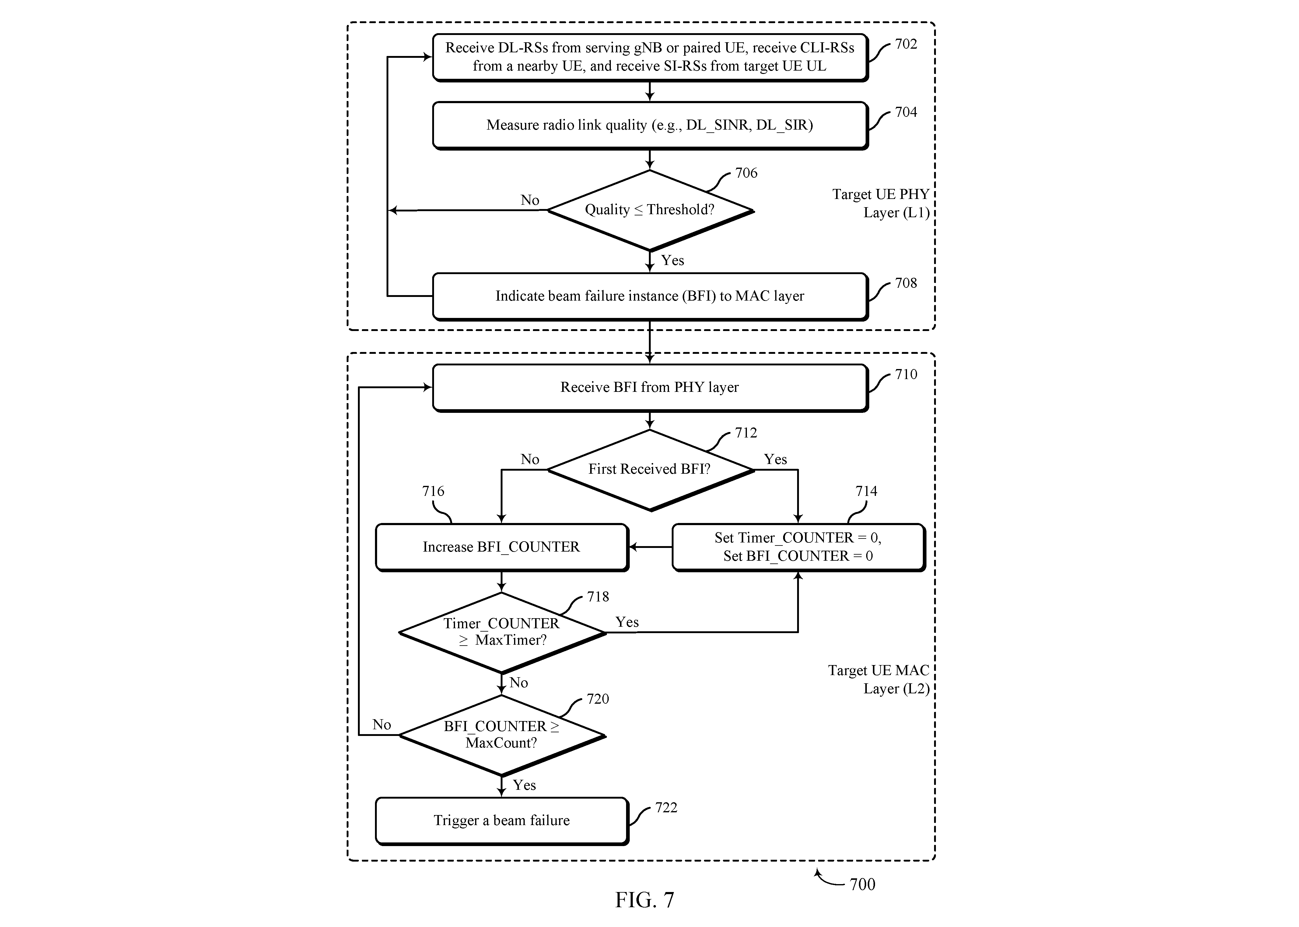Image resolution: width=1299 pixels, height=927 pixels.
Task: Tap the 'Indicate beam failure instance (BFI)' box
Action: pyautogui.click(x=650, y=296)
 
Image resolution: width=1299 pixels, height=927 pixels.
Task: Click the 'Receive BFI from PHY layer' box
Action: pyautogui.click(x=650, y=388)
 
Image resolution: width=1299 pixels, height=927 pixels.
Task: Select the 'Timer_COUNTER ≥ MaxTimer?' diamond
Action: pyautogui.click(x=501, y=633)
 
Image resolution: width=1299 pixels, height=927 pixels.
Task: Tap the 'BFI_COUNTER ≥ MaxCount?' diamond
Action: pyautogui.click(x=501, y=735)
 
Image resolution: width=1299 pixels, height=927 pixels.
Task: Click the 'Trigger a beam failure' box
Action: pyautogui.click(x=501, y=821)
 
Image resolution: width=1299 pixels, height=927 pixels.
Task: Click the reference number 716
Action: pyautogui.click(x=433, y=491)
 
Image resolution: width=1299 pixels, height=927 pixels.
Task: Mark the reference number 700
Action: pyautogui.click(x=862, y=884)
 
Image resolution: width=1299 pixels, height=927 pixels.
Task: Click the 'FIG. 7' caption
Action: pyautogui.click(x=645, y=900)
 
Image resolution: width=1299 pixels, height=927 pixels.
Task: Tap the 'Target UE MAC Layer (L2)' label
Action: pyautogui.click(x=879, y=679)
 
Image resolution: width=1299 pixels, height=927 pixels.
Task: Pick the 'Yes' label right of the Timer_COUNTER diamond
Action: pyautogui.click(x=627, y=622)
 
